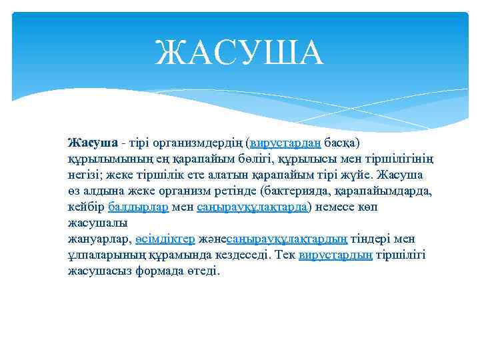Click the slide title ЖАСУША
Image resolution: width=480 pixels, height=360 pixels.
pos(239,53)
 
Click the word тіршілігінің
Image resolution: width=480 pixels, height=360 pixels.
pos(398,159)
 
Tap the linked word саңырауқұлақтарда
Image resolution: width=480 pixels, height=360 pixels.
pos(252,207)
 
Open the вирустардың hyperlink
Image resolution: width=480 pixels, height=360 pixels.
pos(335,255)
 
